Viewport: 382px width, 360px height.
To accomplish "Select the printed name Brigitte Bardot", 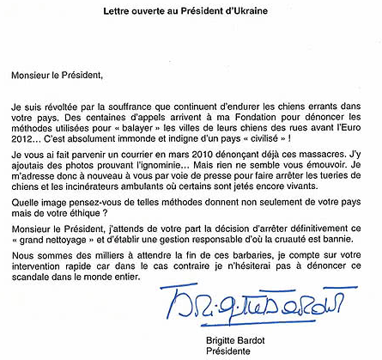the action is (241, 339).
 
